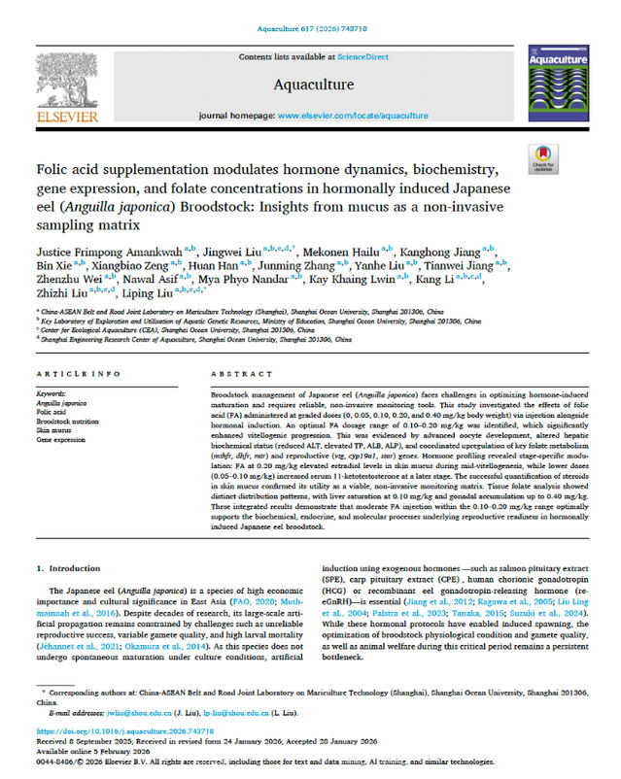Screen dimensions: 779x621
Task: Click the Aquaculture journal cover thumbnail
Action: click(x=560, y=85)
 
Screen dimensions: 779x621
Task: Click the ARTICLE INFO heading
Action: click(x=71, y=374)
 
